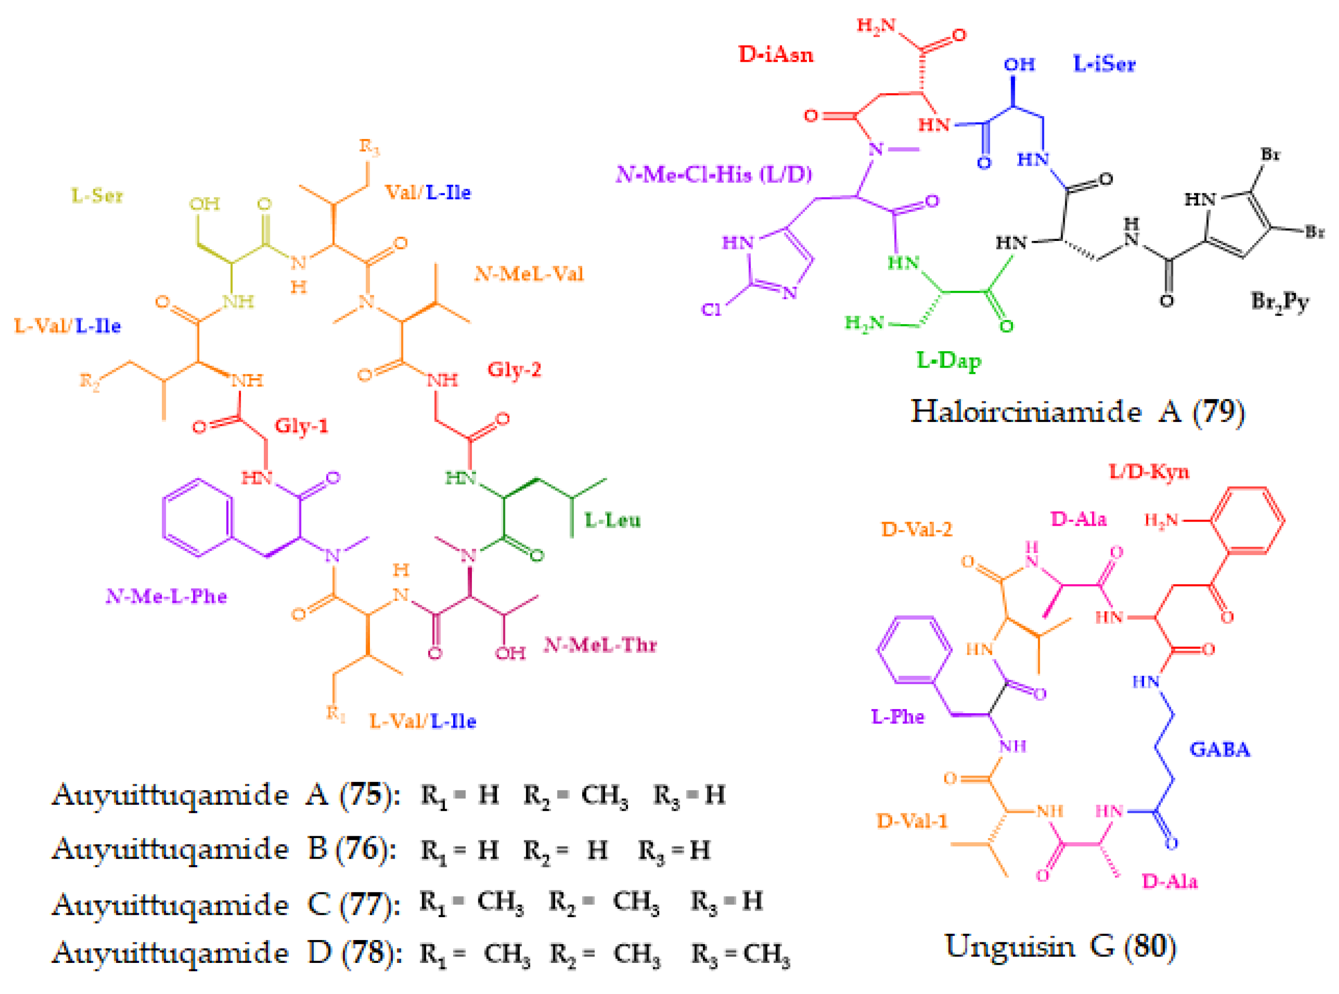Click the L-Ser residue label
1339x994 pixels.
click(x=97, y=196)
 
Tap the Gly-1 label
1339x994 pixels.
click(x=301, y=426)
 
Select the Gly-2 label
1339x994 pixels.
click(x=514, y=369)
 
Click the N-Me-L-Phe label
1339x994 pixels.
click(x=166, y=596)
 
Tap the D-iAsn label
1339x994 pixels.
click(x=776, y=55)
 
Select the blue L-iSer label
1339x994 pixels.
click(x=1104, y=64)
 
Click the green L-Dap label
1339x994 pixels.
click(x=948, y=360)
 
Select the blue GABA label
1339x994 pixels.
click(x=1219, y=750)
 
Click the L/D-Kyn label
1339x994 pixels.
click(x=1149, y=471)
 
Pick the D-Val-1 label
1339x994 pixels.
click(x=912, y=821)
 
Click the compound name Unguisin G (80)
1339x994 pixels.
click(x=1060, y=946)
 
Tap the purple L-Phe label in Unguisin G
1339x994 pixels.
click(x=897, y=716)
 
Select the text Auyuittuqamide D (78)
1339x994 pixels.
click(x=226, y=952)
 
